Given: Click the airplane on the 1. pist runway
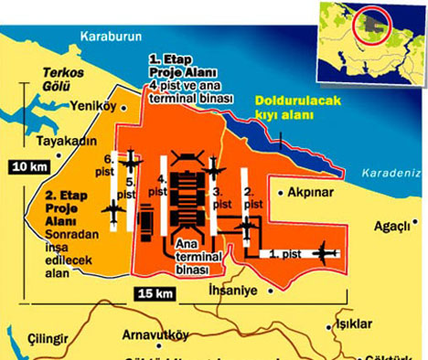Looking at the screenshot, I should (325, 250).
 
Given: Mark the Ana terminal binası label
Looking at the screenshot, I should (197, 256).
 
